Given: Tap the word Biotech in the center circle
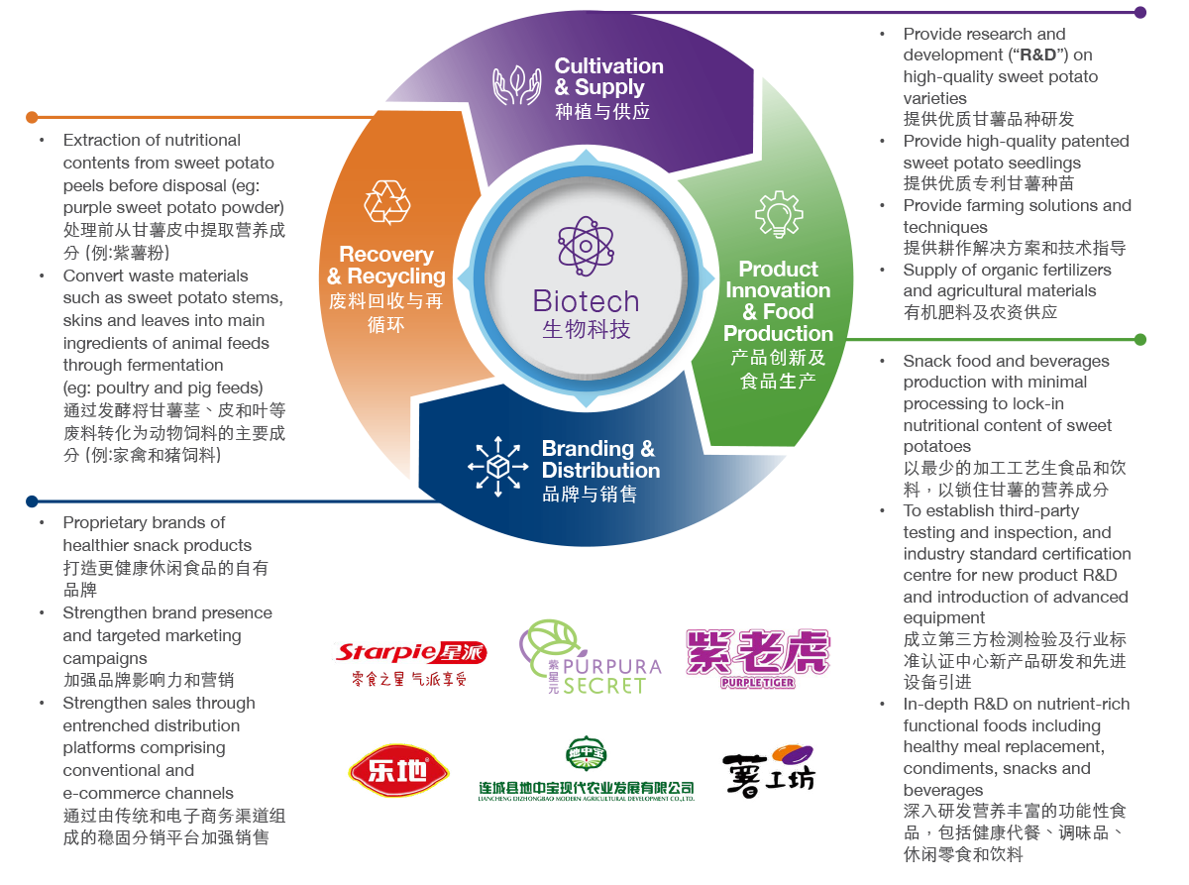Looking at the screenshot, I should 586,300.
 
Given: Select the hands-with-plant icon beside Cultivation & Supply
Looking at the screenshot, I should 517,86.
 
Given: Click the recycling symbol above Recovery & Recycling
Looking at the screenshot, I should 386,202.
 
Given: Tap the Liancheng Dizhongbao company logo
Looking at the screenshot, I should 586,769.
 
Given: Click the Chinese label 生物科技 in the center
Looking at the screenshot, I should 586,329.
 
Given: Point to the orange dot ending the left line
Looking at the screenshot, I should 32,116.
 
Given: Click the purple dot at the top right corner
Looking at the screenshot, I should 1140,13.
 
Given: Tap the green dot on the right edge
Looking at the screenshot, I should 1140,339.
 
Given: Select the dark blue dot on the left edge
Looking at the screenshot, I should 32,501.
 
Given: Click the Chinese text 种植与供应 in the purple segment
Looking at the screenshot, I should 602,111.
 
